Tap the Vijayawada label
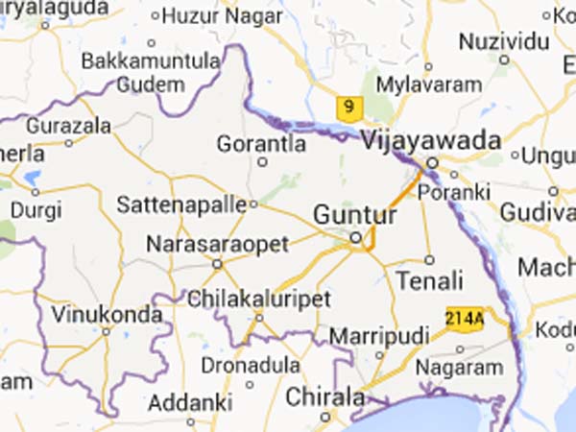(x=432, y=141)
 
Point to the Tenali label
(x=429, y=280)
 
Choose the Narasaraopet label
(x=217, y=245)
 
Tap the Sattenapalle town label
(x=180, y=204)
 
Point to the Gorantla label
(x=262, y=144)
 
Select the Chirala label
(x=325, y=396)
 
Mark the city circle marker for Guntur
(x=354, y=236)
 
